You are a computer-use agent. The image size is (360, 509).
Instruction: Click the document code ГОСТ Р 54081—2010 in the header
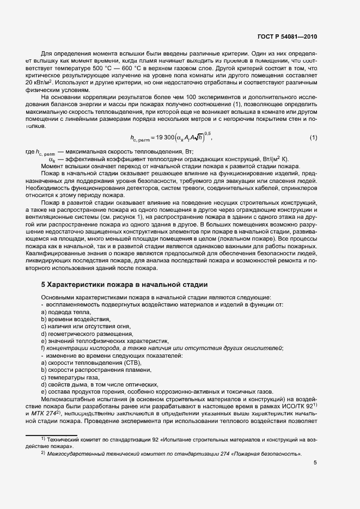[x=288, y=37]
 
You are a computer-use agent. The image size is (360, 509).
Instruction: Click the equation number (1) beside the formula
[x=313, y=138]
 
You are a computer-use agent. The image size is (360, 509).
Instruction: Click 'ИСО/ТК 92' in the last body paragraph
[x=297, y=405]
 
